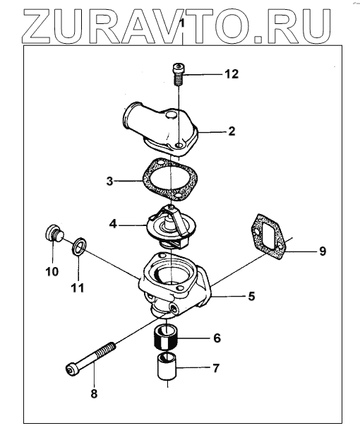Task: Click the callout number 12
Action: point(232,74)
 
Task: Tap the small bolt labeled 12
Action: point(178,73)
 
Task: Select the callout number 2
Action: point(232,131)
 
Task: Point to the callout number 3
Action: point(110,181)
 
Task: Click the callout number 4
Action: point(113,224)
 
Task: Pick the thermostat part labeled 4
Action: point(171,225)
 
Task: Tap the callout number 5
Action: point(251,296)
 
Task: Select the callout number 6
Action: point(217,338)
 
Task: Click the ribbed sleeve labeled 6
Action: point(165,338)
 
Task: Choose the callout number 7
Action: point(216,368)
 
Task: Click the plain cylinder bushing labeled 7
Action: point(167,367)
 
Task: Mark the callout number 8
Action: point(94,393)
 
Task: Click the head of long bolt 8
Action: point(72,369)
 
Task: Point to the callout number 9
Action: point(323,251)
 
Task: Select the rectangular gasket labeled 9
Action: point(270,237)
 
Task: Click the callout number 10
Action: point(52,272)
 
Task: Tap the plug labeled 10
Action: point(54,233)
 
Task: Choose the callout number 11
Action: point(78,287)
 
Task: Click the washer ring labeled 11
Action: point(78,246)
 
